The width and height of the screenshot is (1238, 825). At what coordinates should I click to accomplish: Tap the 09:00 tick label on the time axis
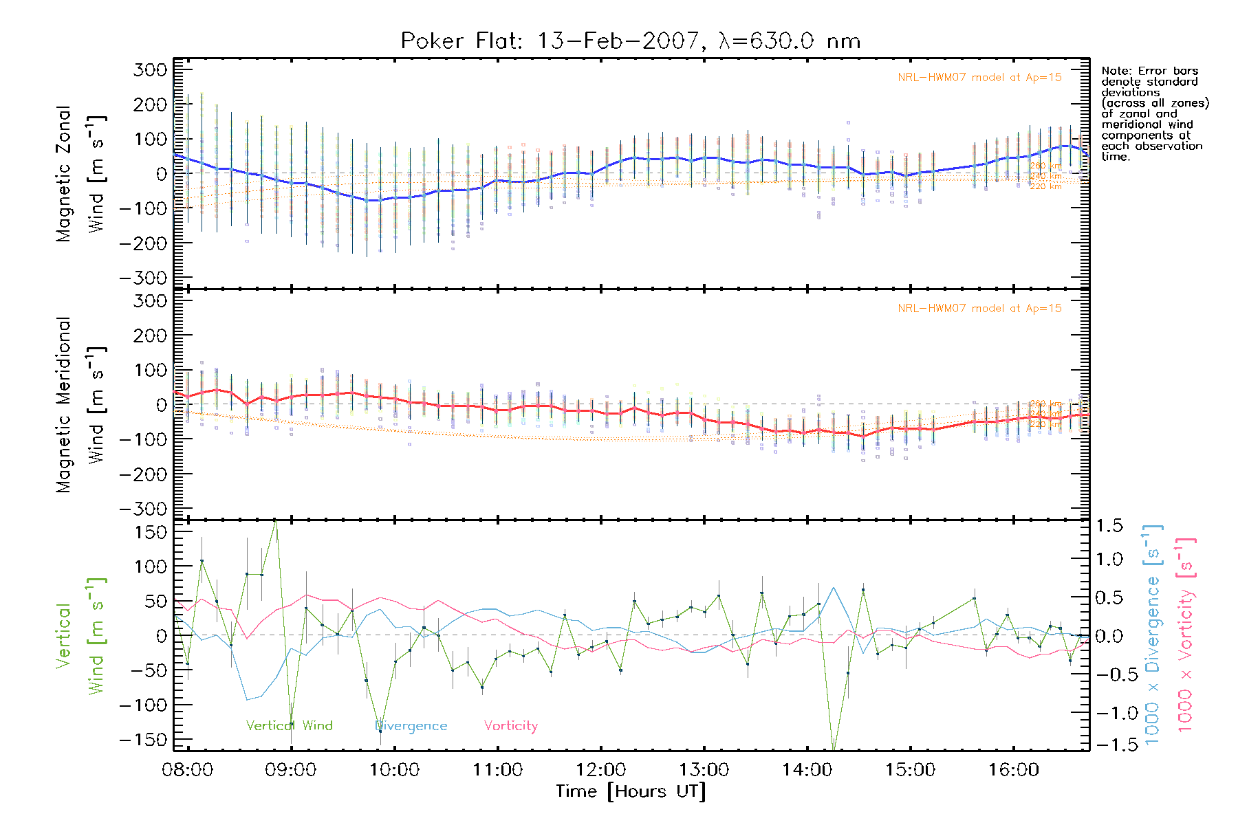pos(290,770)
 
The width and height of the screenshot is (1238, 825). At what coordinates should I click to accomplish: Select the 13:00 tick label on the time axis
pos(704,770)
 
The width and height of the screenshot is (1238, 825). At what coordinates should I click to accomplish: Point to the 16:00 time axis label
pos(1013,770)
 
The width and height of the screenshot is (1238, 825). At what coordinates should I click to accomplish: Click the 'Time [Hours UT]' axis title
pos(631,792)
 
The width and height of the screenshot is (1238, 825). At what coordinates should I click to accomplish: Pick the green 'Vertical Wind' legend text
pos(289,726)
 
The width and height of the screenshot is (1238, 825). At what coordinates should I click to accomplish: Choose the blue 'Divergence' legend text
pos(411,726)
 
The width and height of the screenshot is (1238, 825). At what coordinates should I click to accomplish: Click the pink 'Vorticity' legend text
pos(510,726)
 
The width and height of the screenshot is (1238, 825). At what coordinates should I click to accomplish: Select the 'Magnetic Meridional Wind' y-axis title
pos(80,405)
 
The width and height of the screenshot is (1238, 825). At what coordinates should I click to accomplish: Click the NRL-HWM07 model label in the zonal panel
pos(979,78)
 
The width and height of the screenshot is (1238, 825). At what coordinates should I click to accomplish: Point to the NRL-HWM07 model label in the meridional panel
pos(979,309)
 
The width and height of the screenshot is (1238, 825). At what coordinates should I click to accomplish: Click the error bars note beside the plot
pos(1154,113)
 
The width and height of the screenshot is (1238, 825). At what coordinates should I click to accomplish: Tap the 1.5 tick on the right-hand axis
pos(1109,526)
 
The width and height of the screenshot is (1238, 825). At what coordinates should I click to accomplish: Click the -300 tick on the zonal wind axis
pos(143,278)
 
